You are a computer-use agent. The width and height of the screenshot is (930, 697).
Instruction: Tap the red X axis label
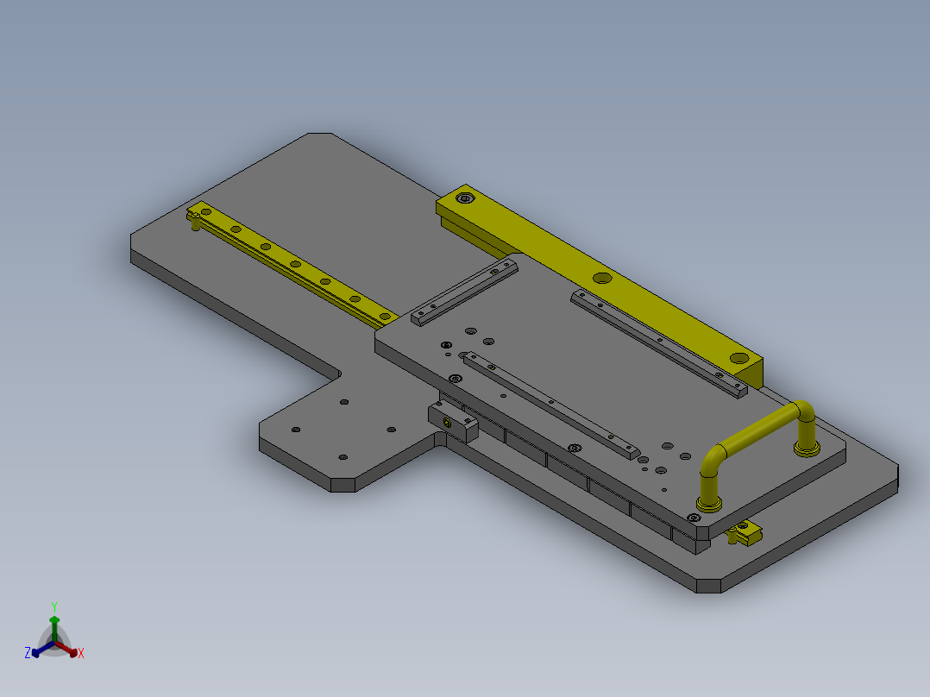point(81,653)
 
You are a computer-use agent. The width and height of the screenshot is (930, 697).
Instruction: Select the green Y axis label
point(54,606)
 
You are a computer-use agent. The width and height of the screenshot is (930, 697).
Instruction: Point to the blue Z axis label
point(28,652)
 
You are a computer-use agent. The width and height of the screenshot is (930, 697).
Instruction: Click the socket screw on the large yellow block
point(465,198)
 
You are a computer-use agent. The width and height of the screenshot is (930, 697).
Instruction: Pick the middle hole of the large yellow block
point(602,278)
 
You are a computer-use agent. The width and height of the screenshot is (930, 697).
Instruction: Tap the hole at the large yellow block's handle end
point(739,358)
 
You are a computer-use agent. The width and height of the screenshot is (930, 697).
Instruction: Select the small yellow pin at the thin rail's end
point(195,221)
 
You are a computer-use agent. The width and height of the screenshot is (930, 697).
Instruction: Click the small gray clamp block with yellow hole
point(453,421)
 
